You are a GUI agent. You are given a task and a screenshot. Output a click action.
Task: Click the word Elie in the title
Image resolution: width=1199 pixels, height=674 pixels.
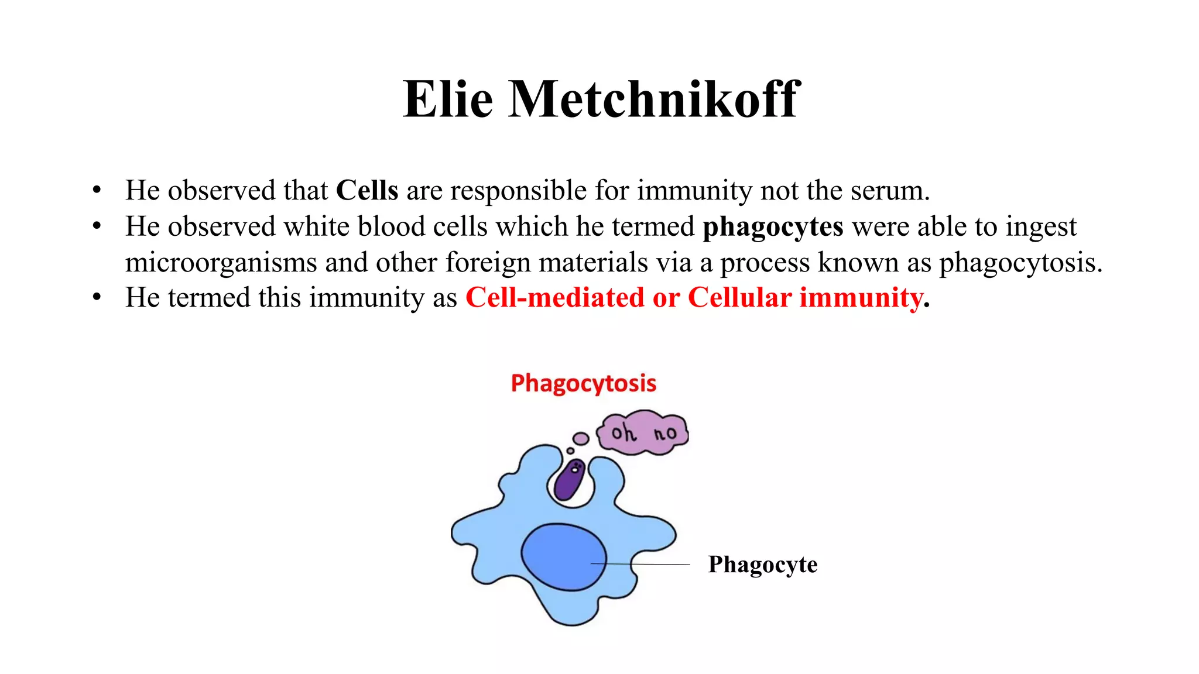[448, 99]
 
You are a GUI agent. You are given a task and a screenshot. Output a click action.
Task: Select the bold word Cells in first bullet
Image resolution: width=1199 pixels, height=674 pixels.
[367, 191]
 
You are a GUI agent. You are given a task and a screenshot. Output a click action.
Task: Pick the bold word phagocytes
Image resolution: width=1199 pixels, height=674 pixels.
[773, 227]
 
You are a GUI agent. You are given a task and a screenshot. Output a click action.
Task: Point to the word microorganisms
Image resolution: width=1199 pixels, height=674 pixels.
[221, 263]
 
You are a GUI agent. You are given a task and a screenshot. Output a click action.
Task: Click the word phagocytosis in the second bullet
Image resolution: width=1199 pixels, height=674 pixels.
[1020, 263]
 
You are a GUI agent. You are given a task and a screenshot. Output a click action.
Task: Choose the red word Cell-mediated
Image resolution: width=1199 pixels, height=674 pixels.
[554, 298]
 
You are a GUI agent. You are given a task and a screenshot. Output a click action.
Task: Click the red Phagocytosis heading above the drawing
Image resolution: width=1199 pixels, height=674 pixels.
[583, 384]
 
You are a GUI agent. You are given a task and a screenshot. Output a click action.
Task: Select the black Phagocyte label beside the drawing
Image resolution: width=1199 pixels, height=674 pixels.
[762, 565]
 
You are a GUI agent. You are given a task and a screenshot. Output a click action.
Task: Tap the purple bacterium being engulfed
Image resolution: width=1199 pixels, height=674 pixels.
[568, 479]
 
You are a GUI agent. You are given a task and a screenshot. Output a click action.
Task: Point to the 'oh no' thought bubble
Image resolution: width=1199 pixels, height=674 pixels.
[643, 433]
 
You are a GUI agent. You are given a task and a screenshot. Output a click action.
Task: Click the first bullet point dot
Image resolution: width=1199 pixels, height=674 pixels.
[97, 191]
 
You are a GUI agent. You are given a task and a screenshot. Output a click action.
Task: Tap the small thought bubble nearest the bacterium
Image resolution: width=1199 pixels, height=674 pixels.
[570, 451]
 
